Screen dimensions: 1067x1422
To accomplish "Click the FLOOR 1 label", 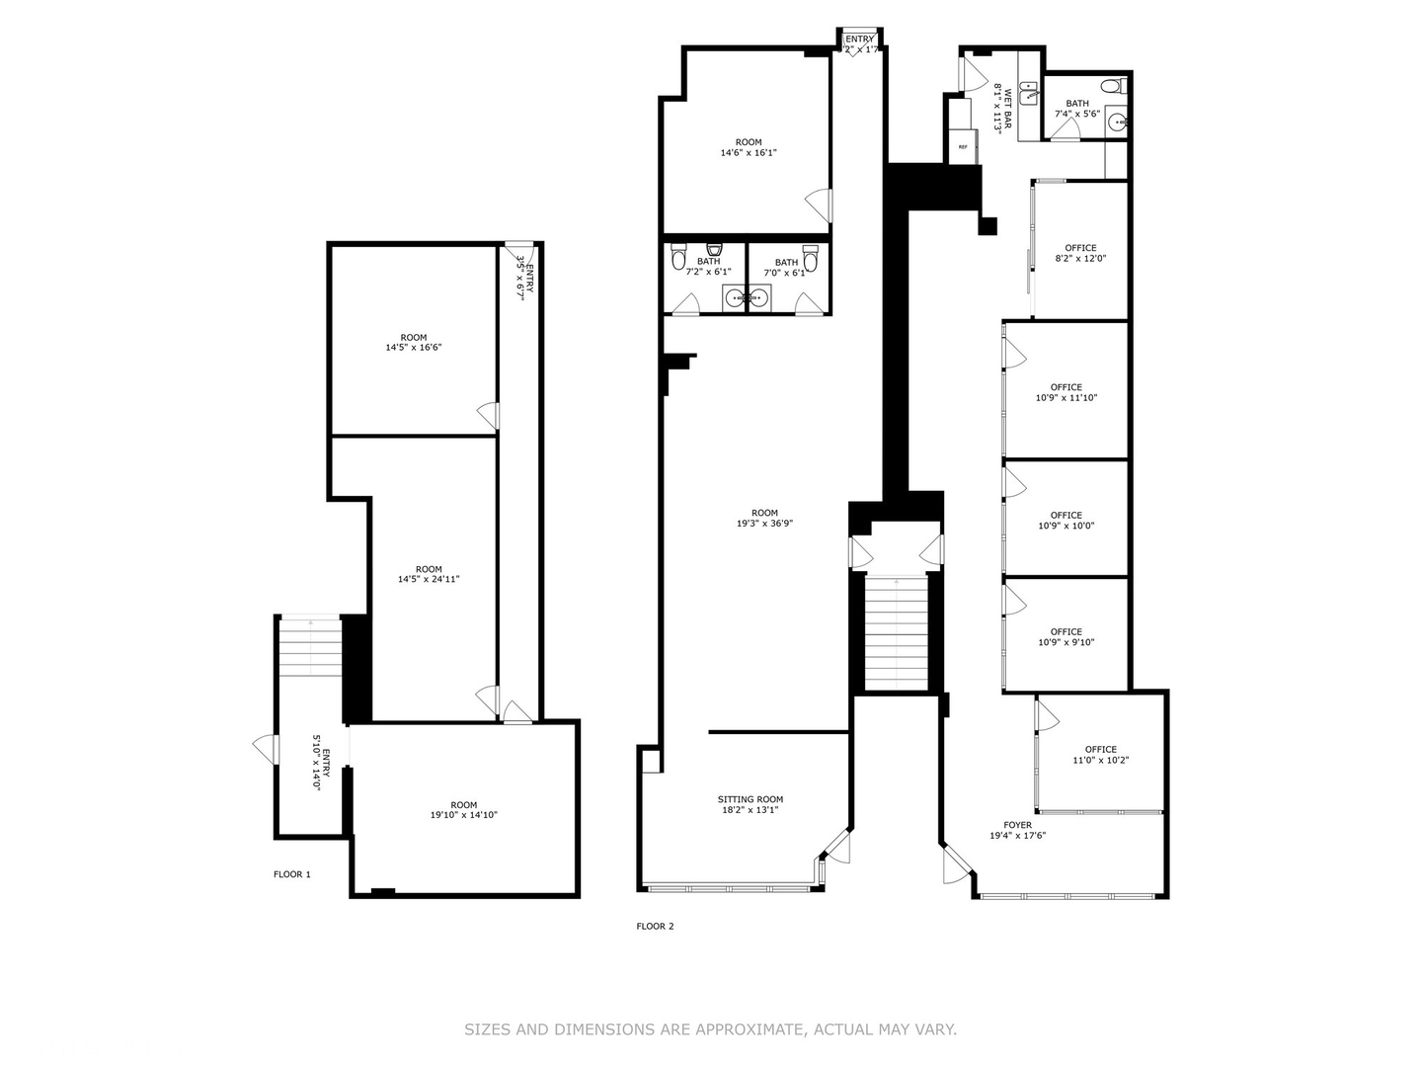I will [x=291, y=874].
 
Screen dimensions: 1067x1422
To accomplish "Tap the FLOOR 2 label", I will [x=655, y=927].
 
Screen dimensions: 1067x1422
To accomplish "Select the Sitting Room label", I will [x=750, y=805].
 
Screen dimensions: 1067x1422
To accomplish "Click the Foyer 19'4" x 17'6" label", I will [x=1017, y=830].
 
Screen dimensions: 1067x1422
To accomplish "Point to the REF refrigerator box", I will [x=963, y=146].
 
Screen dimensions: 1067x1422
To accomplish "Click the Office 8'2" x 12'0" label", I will [x=1080, y=254].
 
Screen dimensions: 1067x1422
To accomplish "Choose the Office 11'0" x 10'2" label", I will [x=1100, y=755].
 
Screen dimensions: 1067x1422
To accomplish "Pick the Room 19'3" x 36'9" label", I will [x=764, y=519].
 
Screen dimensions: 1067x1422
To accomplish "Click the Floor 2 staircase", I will [x=897, y=632].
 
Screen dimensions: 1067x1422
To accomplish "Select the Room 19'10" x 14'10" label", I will [x=463, y=810].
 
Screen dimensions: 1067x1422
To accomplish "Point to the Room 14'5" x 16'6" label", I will [x=414, y=343].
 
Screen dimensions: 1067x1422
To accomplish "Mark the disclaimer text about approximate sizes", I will [x=710, y=1029].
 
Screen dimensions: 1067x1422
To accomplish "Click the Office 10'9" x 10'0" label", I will [x=1066, y=521].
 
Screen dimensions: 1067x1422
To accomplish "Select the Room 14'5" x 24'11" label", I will [x=429, y=574].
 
